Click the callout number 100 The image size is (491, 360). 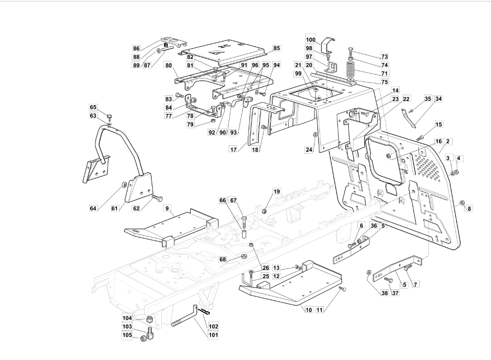coord(311,40)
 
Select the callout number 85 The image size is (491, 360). coord(276,48)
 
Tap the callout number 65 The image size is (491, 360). coord(93,107)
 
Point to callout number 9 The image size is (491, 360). coord(167,208)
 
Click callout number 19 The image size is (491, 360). coord(276,191)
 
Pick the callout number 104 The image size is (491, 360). coord(127,318)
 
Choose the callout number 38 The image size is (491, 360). coord(384,293)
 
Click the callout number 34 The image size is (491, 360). coord(439,99)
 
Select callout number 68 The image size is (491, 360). coord(222,259)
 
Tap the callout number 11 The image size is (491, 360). coord(319,310)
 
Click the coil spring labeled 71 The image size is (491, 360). coord(351,71)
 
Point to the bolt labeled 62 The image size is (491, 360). coord(157,198)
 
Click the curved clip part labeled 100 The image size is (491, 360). coord(328,46)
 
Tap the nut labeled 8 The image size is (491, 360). coord(463,202)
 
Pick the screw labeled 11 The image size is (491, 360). coord(343,289)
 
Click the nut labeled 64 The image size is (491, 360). coord(124,184)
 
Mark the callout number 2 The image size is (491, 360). coord(448,141)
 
